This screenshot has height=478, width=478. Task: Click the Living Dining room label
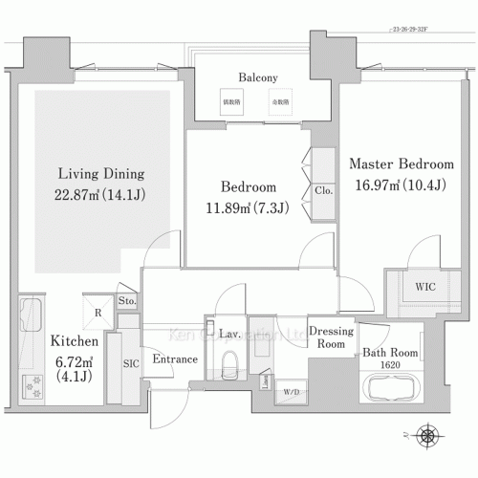point(100,174)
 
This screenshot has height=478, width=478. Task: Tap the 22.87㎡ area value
point(100,194)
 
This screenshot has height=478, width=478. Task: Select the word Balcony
point(257,78)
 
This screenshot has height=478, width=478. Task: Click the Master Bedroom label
point(400,164)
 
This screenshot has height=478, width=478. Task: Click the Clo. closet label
point(322,190)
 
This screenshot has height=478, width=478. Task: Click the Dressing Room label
point(336,337)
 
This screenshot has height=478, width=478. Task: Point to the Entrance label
point(175,359)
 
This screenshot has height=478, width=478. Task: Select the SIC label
point(130,362)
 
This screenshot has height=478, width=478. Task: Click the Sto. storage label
point(127,302)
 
